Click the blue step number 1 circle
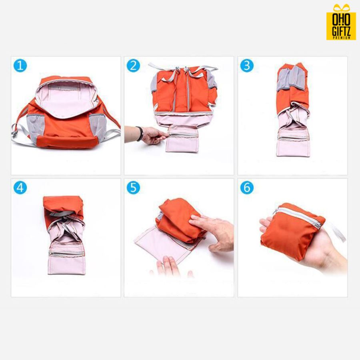point(20,66)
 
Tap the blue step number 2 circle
point(133,66)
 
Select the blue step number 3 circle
point(247,66)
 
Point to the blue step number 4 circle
point(20,188)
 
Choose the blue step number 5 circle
point(133,188)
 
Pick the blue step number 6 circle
point(247,188)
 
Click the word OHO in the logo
point(341,20)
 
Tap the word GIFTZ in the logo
point(341,31)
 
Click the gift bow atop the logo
point(342,8)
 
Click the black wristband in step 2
point(140,134)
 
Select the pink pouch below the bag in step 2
point(182,138)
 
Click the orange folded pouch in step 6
point(292,232)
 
